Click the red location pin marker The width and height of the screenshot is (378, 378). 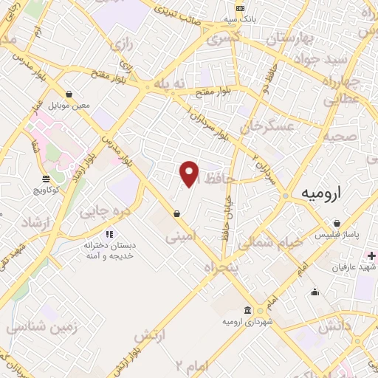pos(190,174)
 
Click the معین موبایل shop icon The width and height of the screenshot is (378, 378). pos(69,94)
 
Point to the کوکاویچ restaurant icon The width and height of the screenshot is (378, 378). pos(46,179)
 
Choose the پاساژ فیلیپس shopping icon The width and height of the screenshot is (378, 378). pos(337,224)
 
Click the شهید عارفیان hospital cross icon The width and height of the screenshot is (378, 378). pos(371,255)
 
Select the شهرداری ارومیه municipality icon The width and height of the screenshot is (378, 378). pos(246,310)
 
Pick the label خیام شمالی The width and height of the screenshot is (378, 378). pos(272,241)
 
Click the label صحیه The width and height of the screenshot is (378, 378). pos(343,137)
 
